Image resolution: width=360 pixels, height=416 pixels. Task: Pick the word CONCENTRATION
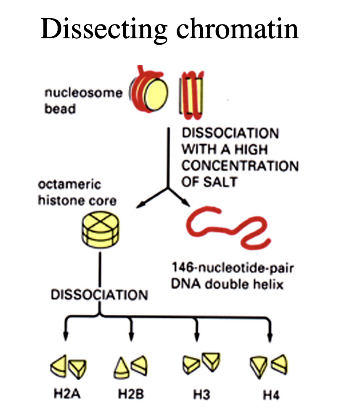click(240, 166)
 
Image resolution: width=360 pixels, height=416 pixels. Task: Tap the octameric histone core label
click(77, 192)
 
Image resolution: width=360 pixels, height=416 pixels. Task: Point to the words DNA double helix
click(227, 284)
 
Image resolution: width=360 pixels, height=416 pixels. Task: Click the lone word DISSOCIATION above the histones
click(99, 295)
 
